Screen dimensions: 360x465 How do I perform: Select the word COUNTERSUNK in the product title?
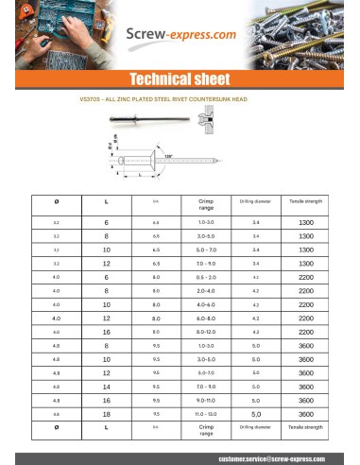223,97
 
